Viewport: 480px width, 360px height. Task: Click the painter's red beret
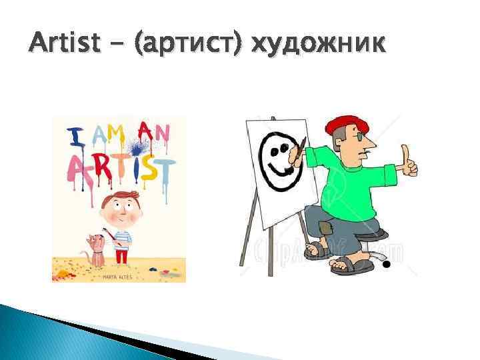point(342,124)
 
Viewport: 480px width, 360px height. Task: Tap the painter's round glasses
point(360,137)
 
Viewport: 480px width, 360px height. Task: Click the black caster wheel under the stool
point(385,265)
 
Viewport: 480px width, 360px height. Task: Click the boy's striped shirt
point(122,234)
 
